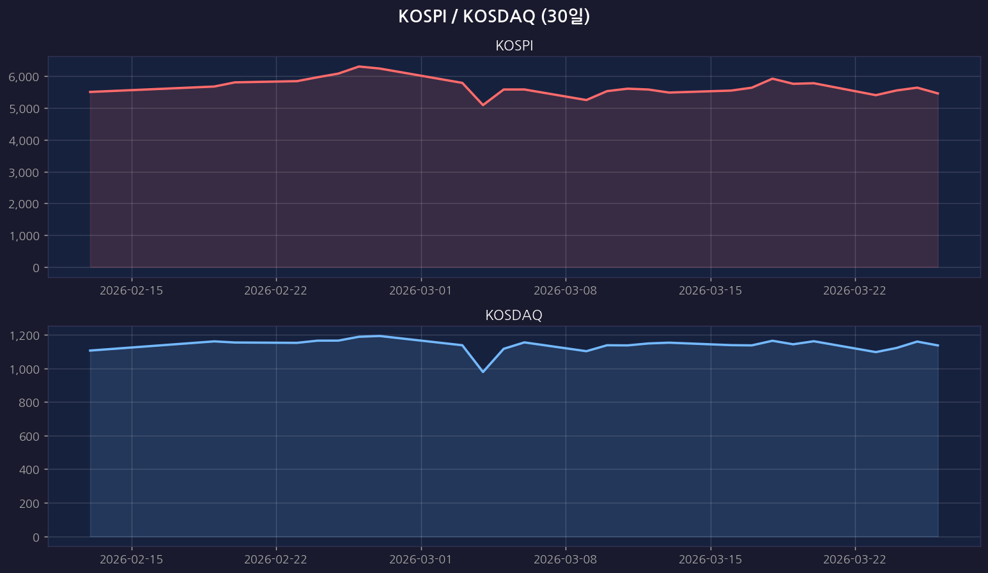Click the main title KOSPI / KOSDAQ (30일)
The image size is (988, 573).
click(x=493, y=17)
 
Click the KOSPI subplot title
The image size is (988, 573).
click(x=514, y=46)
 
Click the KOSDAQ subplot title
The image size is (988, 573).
click(x=514, y=315)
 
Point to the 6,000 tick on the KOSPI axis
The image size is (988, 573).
click(x=24, y=77)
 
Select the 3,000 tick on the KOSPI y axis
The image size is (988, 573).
click(x=24, y=172)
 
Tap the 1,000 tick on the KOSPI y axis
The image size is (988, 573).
click(x=24, y=236)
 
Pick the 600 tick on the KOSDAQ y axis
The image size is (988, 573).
click(x=30, y=436)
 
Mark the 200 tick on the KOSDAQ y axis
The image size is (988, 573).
click(x=30, y=503)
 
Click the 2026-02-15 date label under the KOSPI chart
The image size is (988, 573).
click(x=132, y=291)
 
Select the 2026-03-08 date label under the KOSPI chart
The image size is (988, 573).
click(x=566, y=291)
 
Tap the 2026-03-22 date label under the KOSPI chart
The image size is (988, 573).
click(x=855, y=291)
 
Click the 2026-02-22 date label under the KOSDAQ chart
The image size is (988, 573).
click(x=276, y=560)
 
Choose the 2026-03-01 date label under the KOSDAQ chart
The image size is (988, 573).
click(x=421, y=560)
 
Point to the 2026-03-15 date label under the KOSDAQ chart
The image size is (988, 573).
click(x=711, y=560)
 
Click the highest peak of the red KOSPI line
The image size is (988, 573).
click(x=359, y=66)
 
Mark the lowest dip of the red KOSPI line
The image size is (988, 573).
click(x=483, y=105)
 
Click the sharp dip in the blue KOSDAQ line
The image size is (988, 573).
click(x=483, y=372)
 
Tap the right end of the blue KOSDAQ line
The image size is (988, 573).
click(x=938, y=346)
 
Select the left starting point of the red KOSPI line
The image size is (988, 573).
click(x=90, y=92)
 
